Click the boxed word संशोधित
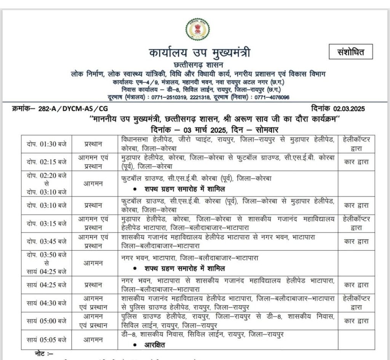click(350, 52)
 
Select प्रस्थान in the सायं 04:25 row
click(93, 284)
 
